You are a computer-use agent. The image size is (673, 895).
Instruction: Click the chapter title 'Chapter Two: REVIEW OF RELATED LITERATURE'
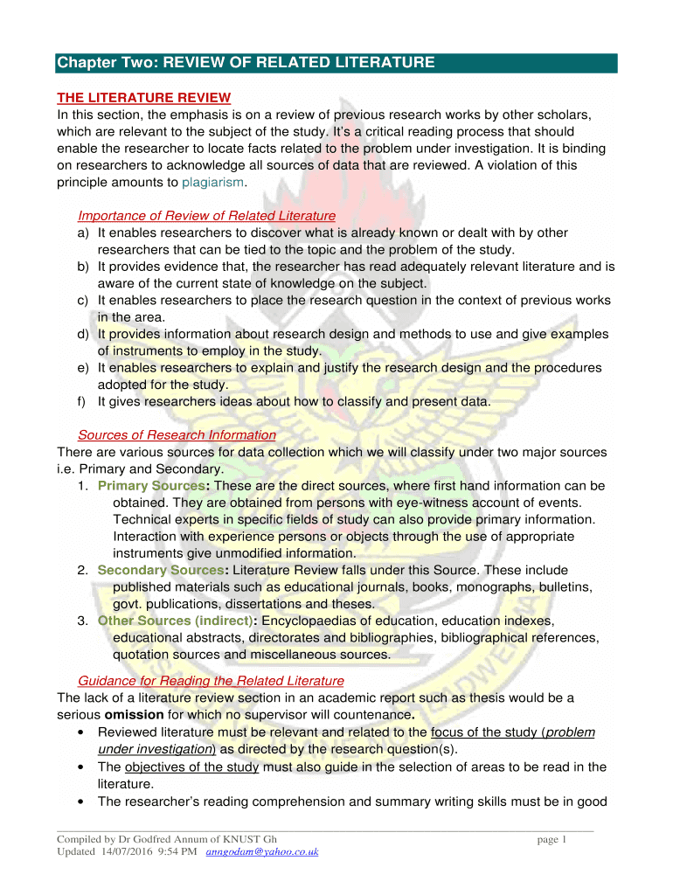coord(246,63)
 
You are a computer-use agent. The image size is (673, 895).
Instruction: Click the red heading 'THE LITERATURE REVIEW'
coord(143,97)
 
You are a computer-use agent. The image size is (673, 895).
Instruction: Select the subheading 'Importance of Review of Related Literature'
coord(206,216)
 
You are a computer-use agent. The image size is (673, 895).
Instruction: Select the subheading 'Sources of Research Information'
coord(177,435)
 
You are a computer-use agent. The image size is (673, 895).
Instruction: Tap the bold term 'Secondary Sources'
coord(160,570)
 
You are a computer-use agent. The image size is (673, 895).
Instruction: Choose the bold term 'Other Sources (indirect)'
coord(174,621)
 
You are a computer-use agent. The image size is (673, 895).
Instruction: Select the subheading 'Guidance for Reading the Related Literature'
coord(211,681)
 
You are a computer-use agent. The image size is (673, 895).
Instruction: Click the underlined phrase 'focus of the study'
coord(482,732)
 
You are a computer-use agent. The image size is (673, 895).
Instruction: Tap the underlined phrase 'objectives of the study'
coord(191,767)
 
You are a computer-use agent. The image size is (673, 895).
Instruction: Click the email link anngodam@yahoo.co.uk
coord(261,852)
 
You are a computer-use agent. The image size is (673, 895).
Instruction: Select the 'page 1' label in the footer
coord(552,840)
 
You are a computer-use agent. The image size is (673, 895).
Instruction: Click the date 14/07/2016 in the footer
coord(130,852)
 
